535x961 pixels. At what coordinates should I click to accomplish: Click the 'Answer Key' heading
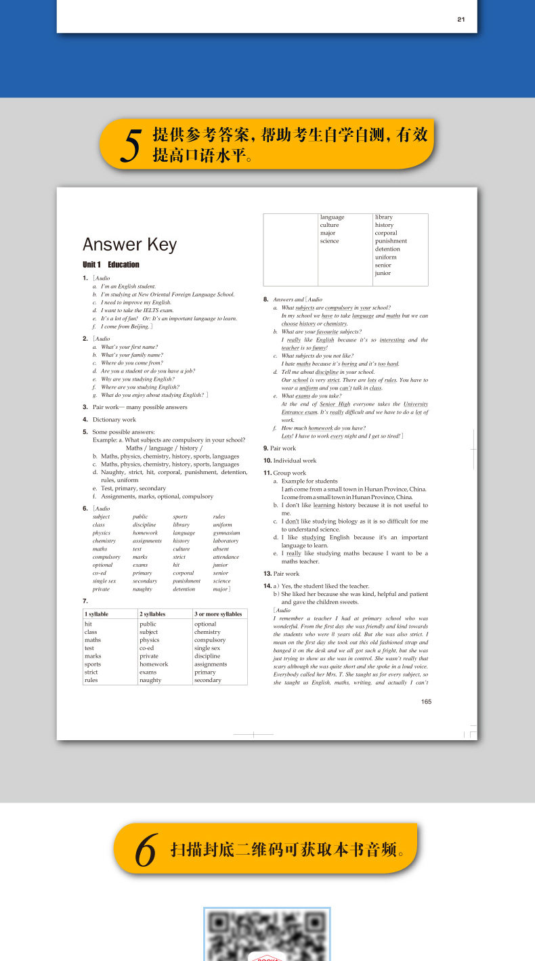pyautogui.click(x=129, y=244)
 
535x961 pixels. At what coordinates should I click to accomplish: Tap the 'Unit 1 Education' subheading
pyautogui.click(x=111, y=265)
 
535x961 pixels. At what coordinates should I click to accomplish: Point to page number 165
pyautogui.click(x=426, y=702)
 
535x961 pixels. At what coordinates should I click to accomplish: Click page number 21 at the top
pyautogui.click(x=461, y=20)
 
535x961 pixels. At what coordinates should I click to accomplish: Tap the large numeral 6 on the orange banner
pyautogui.click(x=146, y=850)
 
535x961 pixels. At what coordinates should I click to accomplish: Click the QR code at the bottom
pyautogui.click(x=267, y=935)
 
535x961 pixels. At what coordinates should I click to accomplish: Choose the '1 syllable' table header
pyautogui.click(x=96, y=614)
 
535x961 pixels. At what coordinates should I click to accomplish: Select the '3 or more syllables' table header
pyautogui.click(x=218, y=614)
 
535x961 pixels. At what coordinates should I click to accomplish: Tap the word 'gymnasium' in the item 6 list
pyautogui.click(x=226, y=533)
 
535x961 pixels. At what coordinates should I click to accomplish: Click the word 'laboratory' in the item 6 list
pyautogui.click(x=226, y=541)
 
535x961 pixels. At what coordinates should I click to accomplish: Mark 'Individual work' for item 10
pyautogui.click(x=294, y=461)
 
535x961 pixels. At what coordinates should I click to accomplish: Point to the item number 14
pyautogui.click(x=267, y=586)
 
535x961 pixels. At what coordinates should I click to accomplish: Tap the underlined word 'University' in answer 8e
pyautogui.click(x=415, y=404)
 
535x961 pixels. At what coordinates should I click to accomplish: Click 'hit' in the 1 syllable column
pyautogui.click(x=88, y=624)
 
